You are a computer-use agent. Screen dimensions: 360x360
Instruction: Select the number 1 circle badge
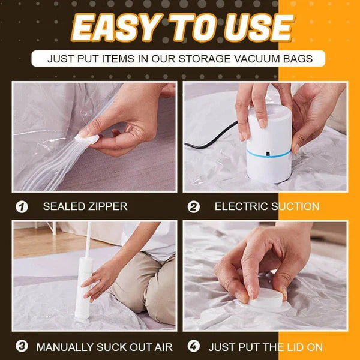pyautogui.click(x=22, y=207)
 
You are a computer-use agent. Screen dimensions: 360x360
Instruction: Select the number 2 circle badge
pyautogui.click(x=194, y=207)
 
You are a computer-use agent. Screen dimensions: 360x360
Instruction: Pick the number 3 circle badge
pyautogui.click(x=22, y=347)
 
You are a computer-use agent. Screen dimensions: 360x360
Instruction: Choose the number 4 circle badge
pyautogui.click(x=194, y=347)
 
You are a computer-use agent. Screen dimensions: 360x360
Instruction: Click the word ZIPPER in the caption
pyautogui.click(x=107, y=207)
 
